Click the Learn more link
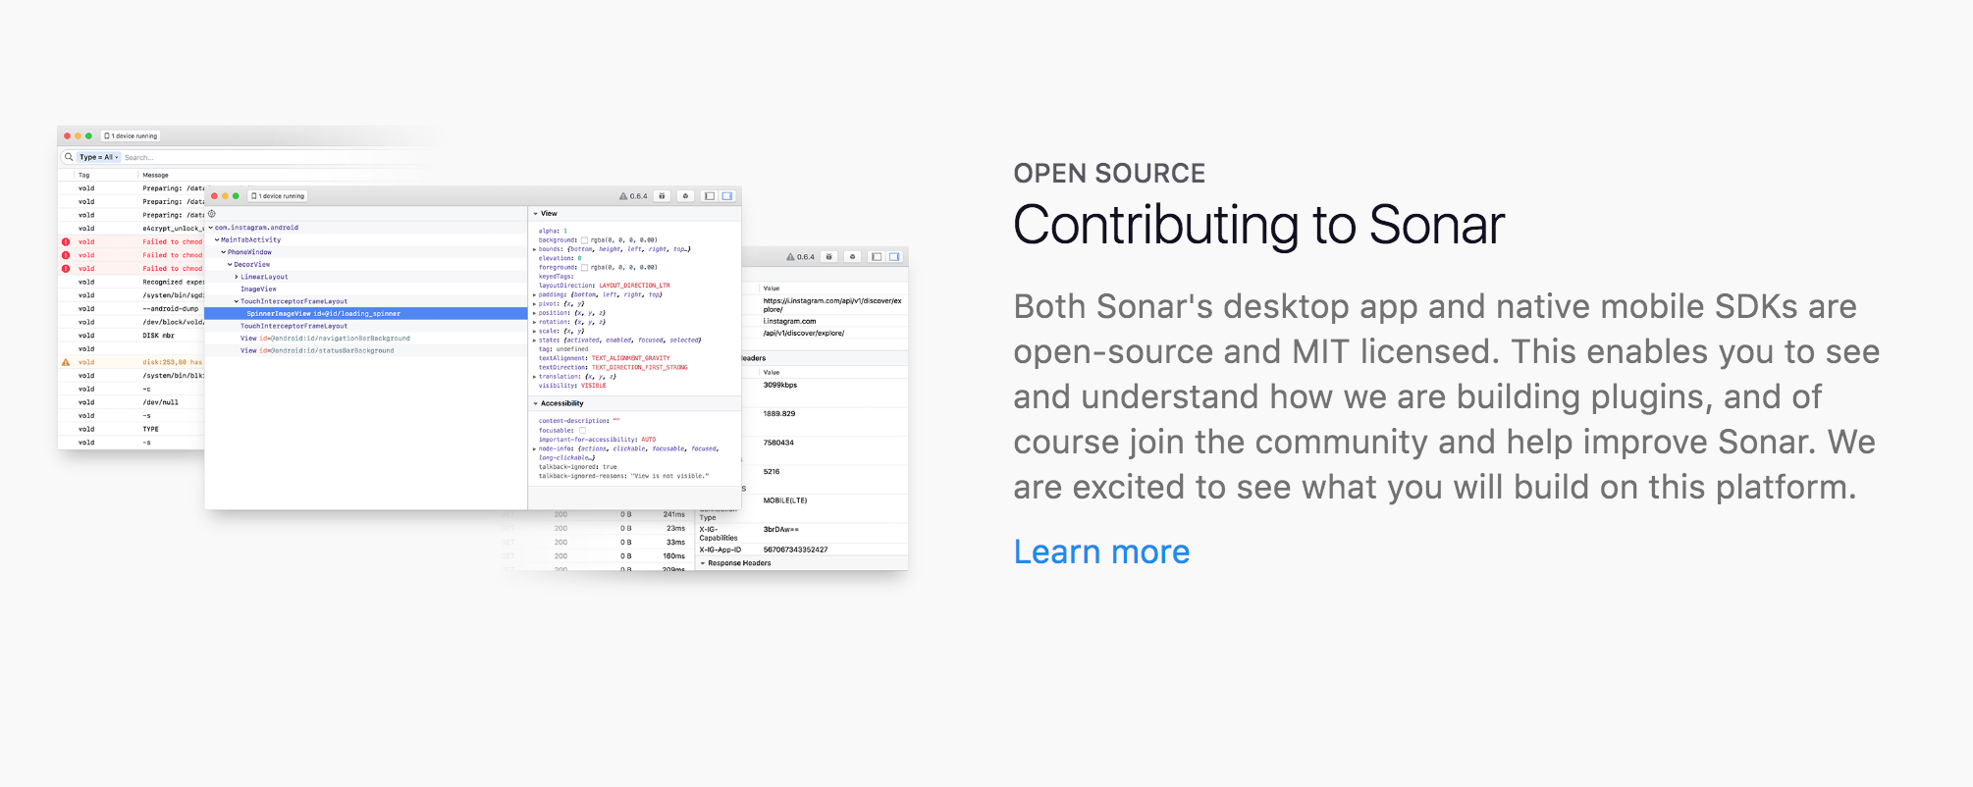tap(1100, 552)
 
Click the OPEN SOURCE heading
tap(1108, 174)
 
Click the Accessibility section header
tap(561, 403)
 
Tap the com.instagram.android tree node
tap(256, 228)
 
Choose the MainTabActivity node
tap(250, 239)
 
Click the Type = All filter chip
tap(98, 157)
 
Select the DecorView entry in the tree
tap(251, 265)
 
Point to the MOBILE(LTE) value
tap(785, 500)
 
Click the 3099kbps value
tap(780, 385)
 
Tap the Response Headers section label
tap(739, 563)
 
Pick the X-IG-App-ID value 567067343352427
tap(795, 550)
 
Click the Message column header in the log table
tap(155, 176)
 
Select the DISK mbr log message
tap(158, 336)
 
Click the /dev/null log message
tap(160, 402)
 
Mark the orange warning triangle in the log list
tap(66, 362)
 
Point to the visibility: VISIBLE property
tap(572, 386)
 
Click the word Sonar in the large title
tap(1436, 226)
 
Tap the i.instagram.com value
tap(789, 321)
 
